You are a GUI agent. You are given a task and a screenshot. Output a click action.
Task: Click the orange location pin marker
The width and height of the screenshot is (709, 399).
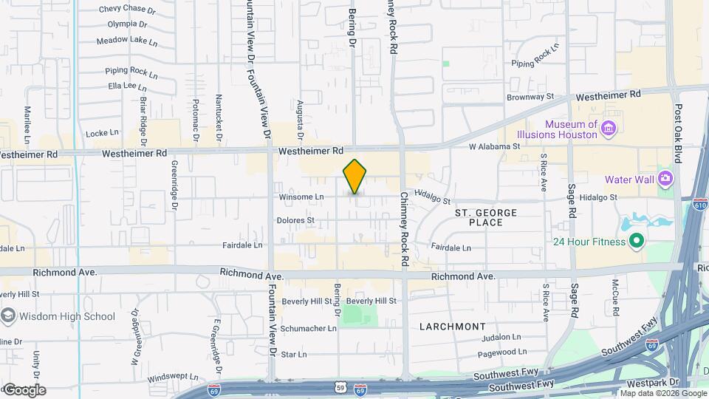click(x=355, y=177)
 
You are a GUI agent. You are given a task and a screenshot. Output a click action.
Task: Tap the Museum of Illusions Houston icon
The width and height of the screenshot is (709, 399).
click(x=609, y=130)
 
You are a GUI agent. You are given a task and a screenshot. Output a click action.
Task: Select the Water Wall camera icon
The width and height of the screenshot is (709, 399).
click(x=665, y=178)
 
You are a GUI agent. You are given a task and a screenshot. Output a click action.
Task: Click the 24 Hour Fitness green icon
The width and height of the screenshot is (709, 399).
click(x=635, y=242)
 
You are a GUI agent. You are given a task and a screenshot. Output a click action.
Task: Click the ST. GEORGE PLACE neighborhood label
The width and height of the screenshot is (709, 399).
click(x=485, y=217)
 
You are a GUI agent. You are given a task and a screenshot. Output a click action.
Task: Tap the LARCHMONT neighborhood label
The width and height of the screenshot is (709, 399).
click(x=453, y=326)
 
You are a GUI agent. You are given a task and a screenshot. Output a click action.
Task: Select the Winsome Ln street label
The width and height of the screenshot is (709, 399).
click(x=301, y=197)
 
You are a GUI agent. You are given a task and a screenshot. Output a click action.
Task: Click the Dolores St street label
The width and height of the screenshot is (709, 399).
click(x=295, y=220)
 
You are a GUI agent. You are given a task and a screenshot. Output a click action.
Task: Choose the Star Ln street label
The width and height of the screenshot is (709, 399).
click(x=293, y=355)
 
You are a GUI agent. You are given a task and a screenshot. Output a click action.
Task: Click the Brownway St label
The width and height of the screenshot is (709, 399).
click(x=530, y=97)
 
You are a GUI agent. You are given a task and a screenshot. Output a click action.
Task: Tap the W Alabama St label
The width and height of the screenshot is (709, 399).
click(x=494, y=146)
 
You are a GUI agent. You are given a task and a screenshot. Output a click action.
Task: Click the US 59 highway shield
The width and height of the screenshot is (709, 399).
click(x=340, y=386)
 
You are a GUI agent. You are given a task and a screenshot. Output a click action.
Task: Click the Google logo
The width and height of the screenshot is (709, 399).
click(x=24, y=389)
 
